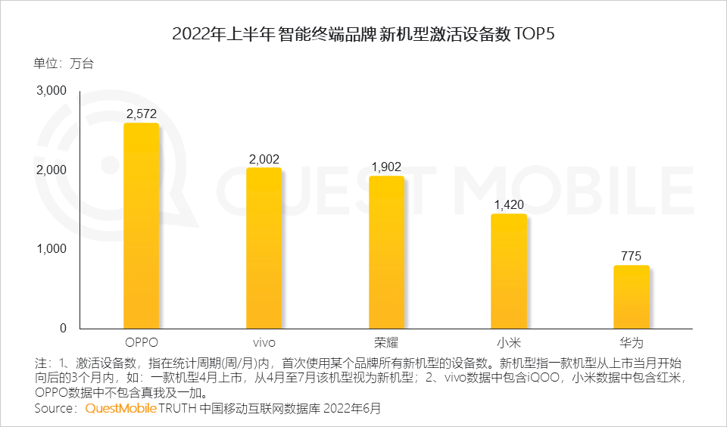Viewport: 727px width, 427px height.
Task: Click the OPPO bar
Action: click(x=141, y=226)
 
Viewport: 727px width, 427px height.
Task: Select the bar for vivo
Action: click(x=264, y=248)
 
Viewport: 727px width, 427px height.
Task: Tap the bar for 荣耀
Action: click(x=386, y=252)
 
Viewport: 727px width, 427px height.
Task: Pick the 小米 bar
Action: click(x=509, y=271)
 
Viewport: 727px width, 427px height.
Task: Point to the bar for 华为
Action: click(x=632, y=297)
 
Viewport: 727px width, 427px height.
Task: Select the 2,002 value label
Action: click(x=264, y=159)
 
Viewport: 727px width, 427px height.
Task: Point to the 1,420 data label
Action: click(x=509, y=205)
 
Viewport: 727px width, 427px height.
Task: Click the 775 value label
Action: click(x=632, y=257)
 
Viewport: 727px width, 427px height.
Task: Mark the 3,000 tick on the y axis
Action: click(x=51, y=91)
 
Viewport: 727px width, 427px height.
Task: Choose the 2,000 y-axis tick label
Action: click(x=51, y=170)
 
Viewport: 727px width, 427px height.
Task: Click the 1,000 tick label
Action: click(x=51, y=249)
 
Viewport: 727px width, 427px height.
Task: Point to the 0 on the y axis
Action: click(x=63, y=328)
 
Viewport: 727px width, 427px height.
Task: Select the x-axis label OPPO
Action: click(x=141, y=342)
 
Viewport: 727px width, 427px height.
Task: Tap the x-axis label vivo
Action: click(x=264, y=342)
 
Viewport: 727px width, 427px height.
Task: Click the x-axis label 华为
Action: click(x=632, y=342)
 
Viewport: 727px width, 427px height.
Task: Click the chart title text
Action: click(x=363, y=34)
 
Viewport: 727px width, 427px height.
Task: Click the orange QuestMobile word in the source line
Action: click(x=120, y=409)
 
